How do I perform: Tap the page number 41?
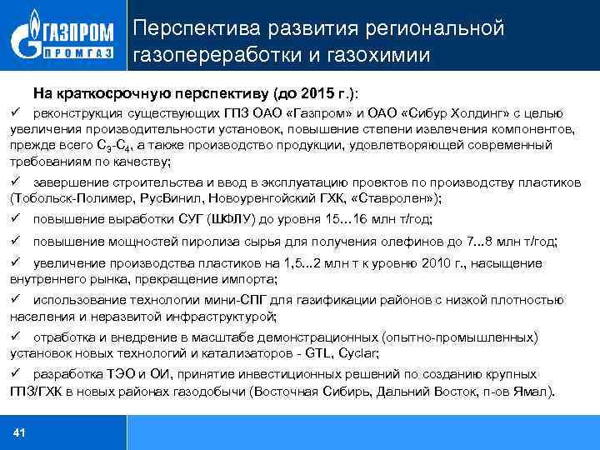[x=20, y=432]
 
